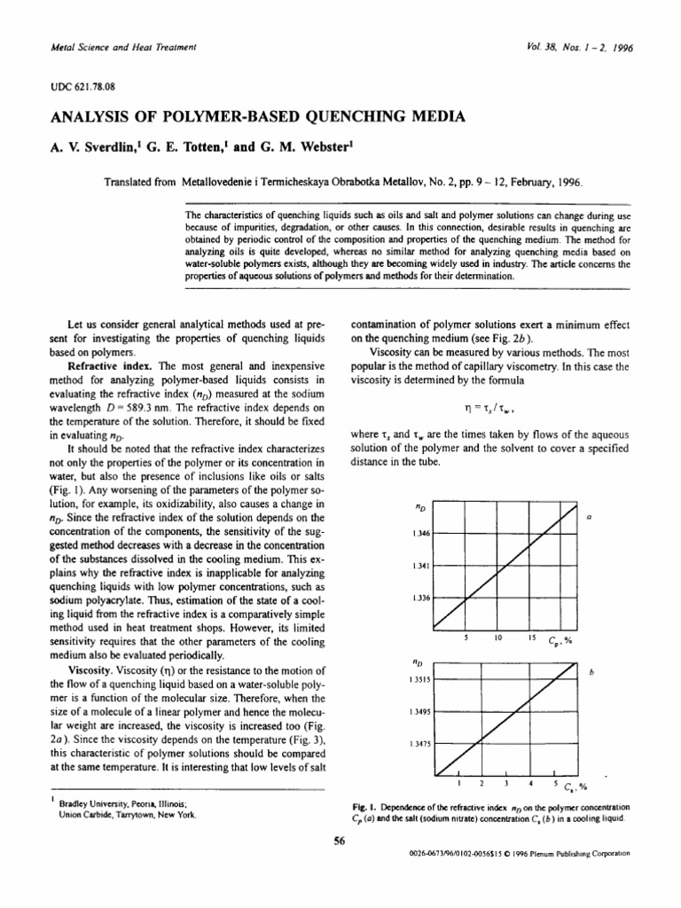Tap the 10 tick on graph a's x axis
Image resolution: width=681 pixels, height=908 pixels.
click(498, 638)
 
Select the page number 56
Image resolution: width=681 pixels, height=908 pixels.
click(339, 843)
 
